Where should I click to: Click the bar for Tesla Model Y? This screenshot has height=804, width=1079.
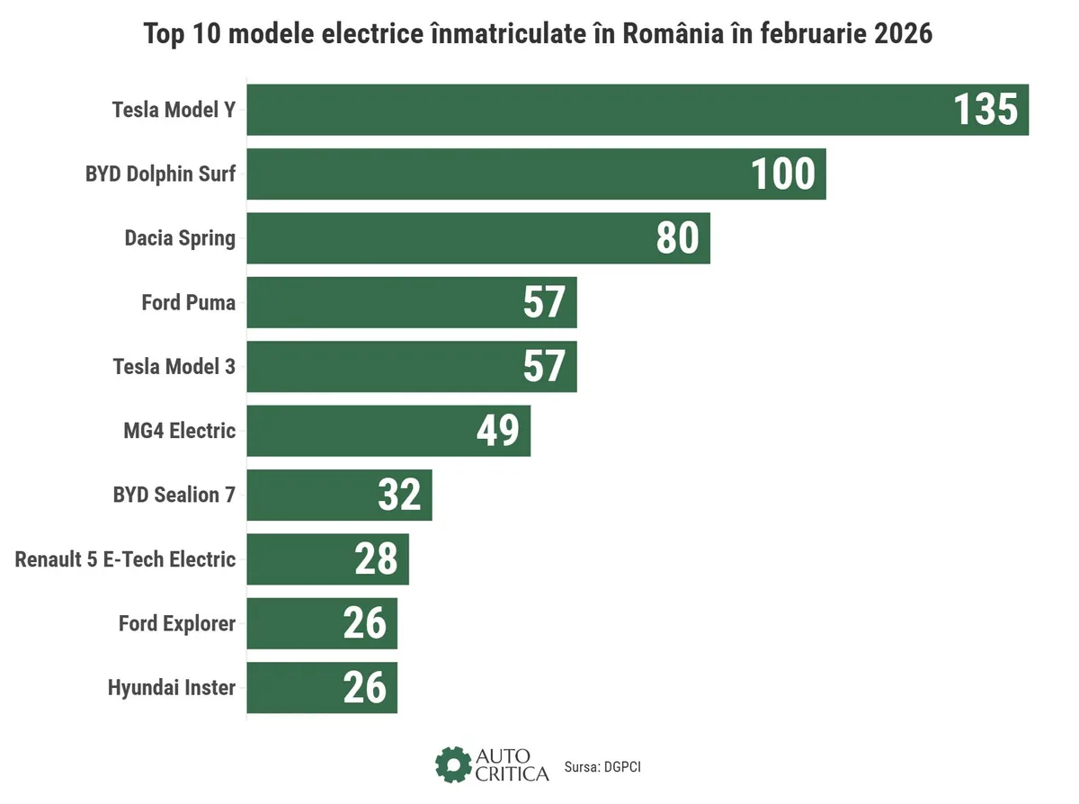pyautogui.click(x=584, y=110)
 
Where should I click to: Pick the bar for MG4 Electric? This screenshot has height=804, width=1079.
pyautogui.click(x=360, y=431)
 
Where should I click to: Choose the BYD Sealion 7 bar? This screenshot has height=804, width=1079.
pyautogui.click(x=306, y=495)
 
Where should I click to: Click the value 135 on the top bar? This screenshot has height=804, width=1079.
pyautogui.click(x=985, y=110)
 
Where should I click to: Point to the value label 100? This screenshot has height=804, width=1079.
pyautogui.click(x=782, y=174)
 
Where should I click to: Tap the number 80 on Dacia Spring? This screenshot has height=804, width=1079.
pyautogui.click(x=677, y=238)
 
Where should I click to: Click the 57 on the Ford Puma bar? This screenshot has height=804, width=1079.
pyautogui.click(x=544, y=302)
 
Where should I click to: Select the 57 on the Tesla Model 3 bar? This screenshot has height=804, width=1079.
pyautogui.click(x=544, y=367)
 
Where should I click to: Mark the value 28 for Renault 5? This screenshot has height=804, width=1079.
pyautogui.click(x=376, y=559)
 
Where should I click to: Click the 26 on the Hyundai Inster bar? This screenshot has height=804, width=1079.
pyautogui.click(x=364, y=688)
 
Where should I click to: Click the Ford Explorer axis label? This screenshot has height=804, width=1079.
pyautogui.click(x=177, y=623)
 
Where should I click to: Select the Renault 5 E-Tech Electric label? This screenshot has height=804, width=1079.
pyautogui.click(x=125, y=559)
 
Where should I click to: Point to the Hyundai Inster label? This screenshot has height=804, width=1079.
pyautogui.click(x=172, y=688)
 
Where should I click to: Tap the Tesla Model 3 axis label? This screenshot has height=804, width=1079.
pyautogui.click(x=174, y=367)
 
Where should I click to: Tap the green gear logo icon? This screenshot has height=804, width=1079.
pyautogui.click(x=452, y=764)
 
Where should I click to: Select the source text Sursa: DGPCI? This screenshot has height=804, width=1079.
pyautogui.click(x=602, y=767)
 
